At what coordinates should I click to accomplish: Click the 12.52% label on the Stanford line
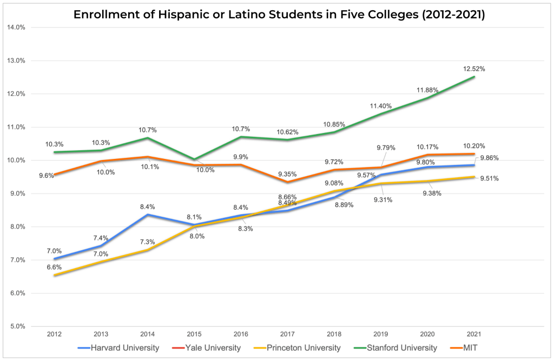coord(474,69)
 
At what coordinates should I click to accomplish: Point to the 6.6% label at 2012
coord(54,267)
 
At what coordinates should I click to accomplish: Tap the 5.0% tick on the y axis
coord(18,326)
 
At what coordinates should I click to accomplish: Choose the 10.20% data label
coord(474,146)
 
